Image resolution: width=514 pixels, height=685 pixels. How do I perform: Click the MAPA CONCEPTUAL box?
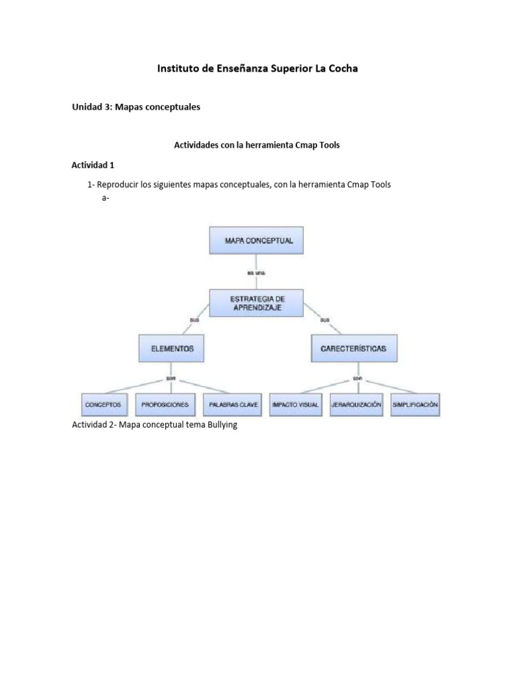pyautogui.click(x=256, y=241)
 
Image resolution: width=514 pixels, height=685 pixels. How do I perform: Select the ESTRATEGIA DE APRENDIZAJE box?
pyautogui.click(x=256, y=302)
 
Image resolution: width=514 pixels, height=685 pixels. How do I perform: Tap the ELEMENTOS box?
pyautogui.click(x=172, y=349)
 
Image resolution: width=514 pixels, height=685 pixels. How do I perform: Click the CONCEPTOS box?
pyautogui.click(x=103, y=405)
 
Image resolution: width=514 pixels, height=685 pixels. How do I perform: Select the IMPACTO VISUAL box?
pyautogui.click(x=295, y=405)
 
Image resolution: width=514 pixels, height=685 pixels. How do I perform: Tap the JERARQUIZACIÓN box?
pyautogui.click(x=356, y=405)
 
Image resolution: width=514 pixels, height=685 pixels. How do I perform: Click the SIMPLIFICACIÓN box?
pyautogui.click(x=415, y=405)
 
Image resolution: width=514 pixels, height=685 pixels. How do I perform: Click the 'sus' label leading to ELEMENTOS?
pyautogui.click(x=195, y=320)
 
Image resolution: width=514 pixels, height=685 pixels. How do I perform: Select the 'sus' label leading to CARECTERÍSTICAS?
pyautogui.click(x=325, y=320)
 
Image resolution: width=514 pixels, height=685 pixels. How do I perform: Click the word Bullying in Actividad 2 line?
pyautogui.click(x=218, y=425)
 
